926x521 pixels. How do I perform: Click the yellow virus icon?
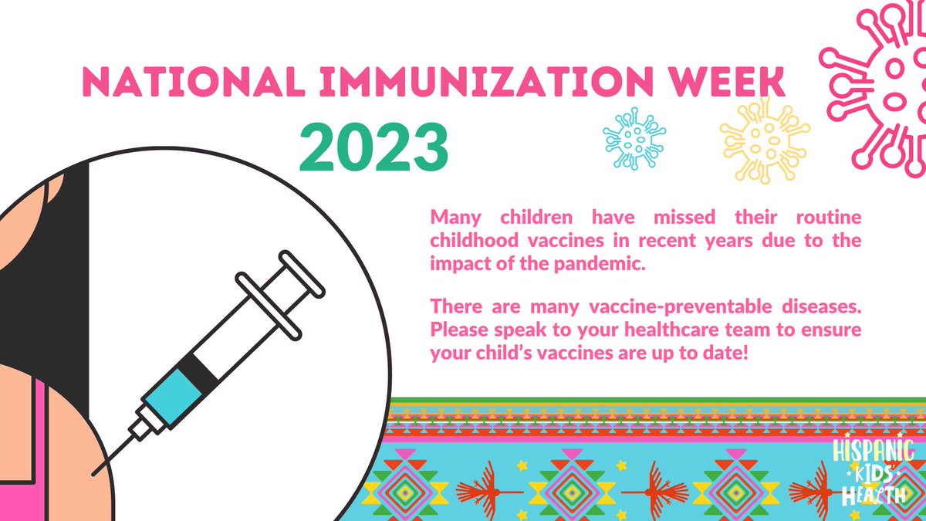click(x=764, y=140)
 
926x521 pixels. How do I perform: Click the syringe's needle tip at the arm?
click(x=96, y=471)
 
